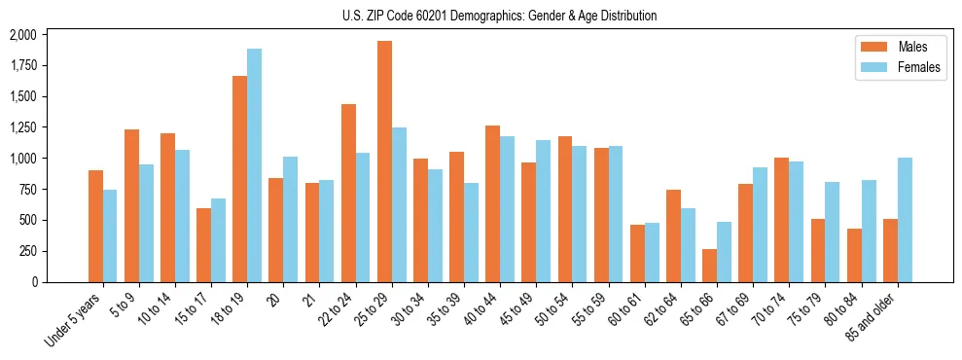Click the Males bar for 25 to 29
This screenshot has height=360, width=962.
(x=384, y=162)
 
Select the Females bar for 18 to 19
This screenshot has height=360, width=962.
(x=254, y=165)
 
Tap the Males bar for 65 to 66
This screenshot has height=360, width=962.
(x=710, y=266)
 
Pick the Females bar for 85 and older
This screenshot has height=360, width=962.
(x=905, y=220)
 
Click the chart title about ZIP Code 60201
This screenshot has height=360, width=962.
(x=499, y=16)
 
